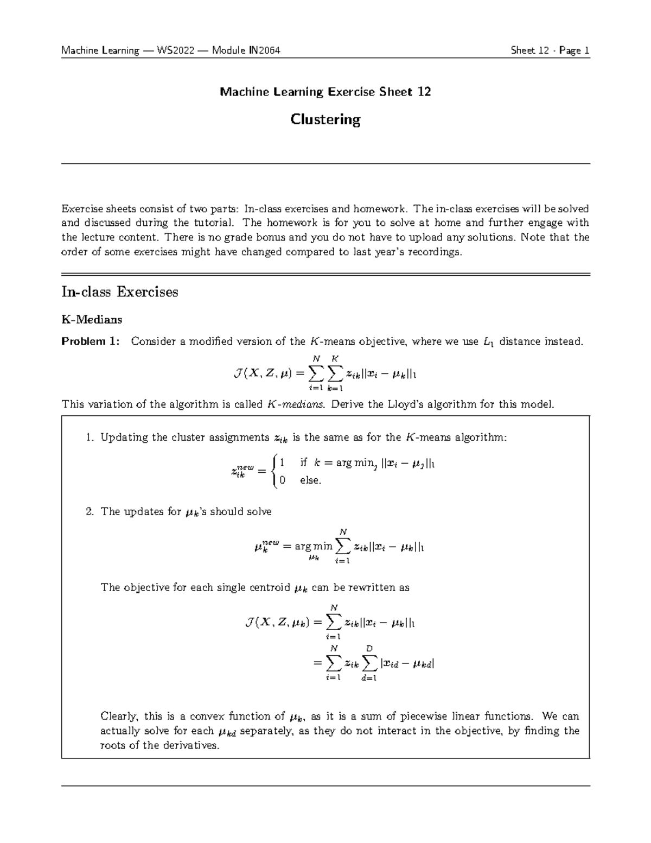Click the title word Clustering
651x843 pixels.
(x=325, y=119)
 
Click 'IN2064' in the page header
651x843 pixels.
(x=264, y=51)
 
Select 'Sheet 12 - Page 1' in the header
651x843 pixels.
(x=550, y=51)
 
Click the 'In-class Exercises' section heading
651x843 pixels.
(x=119, y=292)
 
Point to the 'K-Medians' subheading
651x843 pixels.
(x=92, y=319)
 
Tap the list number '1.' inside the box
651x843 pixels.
(x=90, y=438)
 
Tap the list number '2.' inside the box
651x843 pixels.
(x=90, y=511)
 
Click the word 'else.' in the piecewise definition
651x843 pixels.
(x=310, y=480)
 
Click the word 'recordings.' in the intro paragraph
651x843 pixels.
(x=437, y=252)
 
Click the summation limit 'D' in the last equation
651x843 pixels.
(x=369, y=648)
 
